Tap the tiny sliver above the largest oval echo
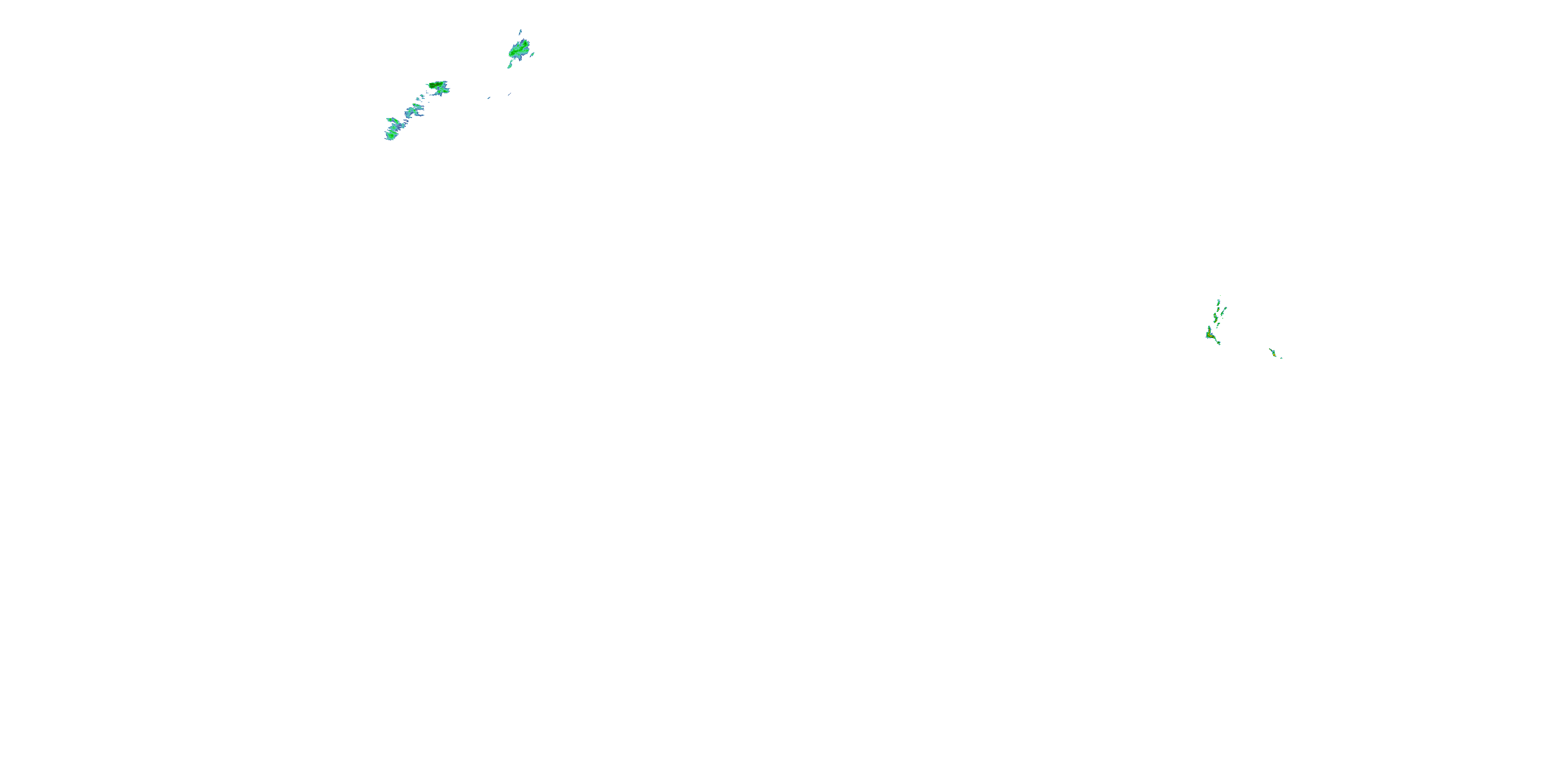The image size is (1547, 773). click(x=520, y=32)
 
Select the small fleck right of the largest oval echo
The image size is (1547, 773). click(x=532, y=55)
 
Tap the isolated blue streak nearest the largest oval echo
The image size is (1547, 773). click(x=509, y=94)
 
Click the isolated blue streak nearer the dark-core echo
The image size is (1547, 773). click(x=489, y=98)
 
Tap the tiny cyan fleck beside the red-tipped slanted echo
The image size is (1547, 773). click(x=1281, y=358)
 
